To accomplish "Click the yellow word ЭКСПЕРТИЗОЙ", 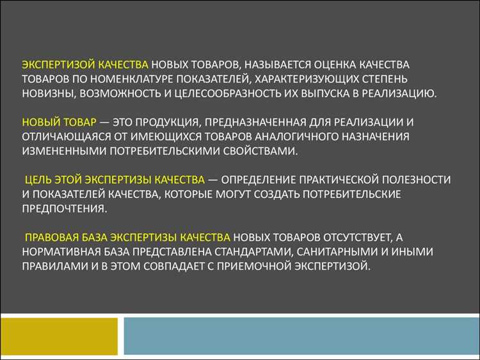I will [x=57, y=65].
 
